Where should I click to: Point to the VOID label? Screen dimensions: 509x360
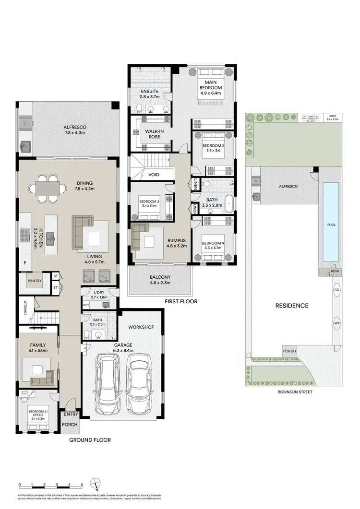(154, 175)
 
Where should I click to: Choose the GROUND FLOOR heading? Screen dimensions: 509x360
(90, 439)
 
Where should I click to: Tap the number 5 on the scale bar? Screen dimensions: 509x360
(82, 485)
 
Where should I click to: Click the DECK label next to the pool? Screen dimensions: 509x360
(335, 272)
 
